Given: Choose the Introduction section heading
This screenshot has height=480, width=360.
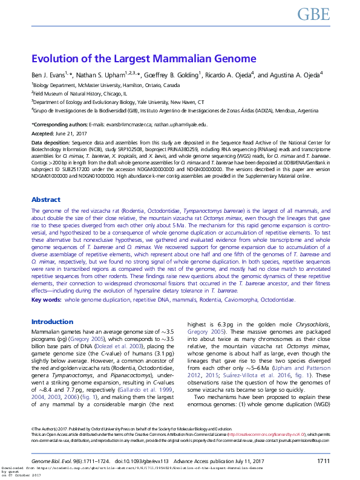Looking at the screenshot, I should tap(52, 322).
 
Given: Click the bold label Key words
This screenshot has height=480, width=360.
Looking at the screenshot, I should tap(46, 299).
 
